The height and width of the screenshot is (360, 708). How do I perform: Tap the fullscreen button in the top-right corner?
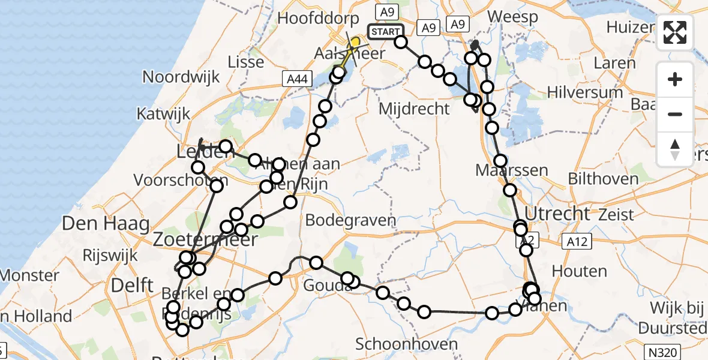pos(675,32)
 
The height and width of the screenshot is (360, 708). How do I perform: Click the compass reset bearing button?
pos(675,149)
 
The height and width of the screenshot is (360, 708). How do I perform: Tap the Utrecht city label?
pos(558,213)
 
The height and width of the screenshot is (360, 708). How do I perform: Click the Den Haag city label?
pos(106,225)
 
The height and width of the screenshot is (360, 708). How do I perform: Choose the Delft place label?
pos(132,285)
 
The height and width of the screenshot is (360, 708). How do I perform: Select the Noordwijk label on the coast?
pos(181,77)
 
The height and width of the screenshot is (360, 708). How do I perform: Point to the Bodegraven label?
pos(350,220)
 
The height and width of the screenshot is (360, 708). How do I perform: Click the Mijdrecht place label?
pos(415,109)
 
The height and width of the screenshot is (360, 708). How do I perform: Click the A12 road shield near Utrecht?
pos(577,241)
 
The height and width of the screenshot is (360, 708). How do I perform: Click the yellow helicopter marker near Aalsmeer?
pos(355,43)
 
